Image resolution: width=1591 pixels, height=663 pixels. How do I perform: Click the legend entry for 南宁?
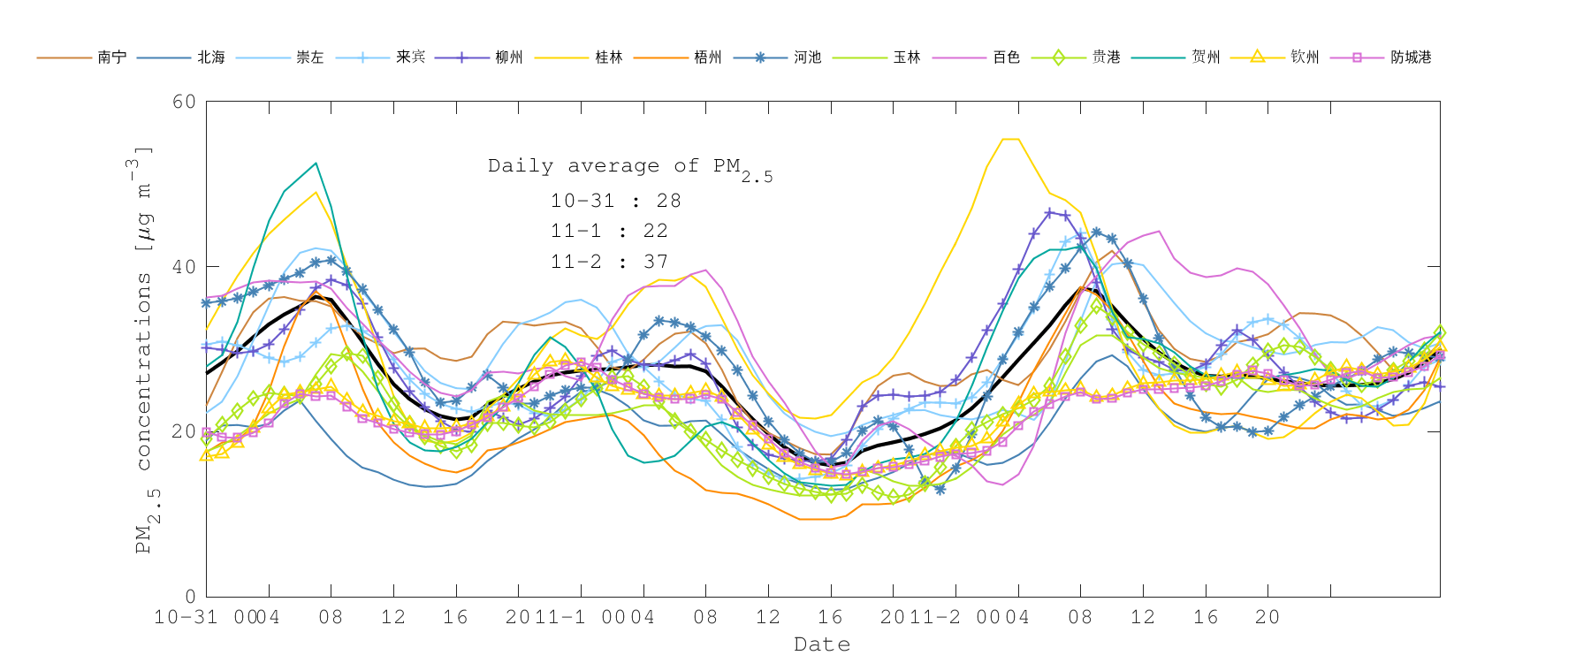(111, 57)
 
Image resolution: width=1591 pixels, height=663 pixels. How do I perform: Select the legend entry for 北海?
(211, 57)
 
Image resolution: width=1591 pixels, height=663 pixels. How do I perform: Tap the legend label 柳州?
(509, 57)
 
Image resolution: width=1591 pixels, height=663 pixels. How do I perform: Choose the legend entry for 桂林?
(609, 57)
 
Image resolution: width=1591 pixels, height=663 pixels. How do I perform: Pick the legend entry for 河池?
(807, 57)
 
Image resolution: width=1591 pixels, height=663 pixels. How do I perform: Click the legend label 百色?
(1006, 57)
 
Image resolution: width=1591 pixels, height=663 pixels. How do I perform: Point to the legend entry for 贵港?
(1106, 57)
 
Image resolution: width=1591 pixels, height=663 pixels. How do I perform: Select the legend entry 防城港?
(1411, 57)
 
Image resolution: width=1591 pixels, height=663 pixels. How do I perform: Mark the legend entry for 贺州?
(1206, 57)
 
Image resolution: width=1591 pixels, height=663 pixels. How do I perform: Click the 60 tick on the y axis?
(184, 102)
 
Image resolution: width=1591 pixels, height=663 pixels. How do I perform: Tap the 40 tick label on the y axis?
(184, 267)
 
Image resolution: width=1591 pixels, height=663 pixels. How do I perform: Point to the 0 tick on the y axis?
(190, 597)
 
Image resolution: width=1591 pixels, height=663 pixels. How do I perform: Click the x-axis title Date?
(822, 644)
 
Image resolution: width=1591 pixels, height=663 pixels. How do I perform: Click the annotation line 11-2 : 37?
(609, 262)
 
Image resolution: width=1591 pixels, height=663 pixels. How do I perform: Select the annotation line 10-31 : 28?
(615, 201)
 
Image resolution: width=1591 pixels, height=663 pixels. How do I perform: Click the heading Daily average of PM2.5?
(629, 167)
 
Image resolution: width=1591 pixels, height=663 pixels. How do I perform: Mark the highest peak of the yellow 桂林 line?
(1011, 139)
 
